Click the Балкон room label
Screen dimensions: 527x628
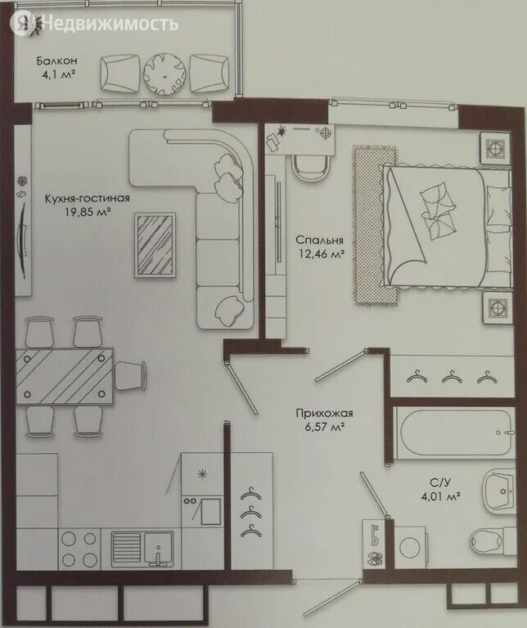point(56,61)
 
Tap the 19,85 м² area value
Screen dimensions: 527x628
point(88,212)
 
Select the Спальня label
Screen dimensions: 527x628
point(319,240)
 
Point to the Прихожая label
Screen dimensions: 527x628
point(324,413)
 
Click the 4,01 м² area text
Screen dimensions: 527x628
point(439,497)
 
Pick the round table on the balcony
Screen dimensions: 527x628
point(164,74)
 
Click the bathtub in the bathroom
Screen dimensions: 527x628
point(453,433)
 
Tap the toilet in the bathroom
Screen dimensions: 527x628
point(492,541)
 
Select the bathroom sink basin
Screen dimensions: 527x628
point(499,491)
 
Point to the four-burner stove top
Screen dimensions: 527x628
point(79,549)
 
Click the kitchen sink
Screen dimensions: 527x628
point(142,549)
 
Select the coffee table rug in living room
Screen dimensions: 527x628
point(155,244)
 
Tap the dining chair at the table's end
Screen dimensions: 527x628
point(131,375)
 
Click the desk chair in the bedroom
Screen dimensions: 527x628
point(310,167)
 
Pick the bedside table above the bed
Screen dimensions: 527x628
point(496,148)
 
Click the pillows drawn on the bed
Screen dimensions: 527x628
point(438,212)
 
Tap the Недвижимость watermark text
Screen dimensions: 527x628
point(110,24)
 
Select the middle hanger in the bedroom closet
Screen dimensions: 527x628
point(451,377)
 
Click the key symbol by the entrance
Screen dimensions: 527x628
point(375,536)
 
